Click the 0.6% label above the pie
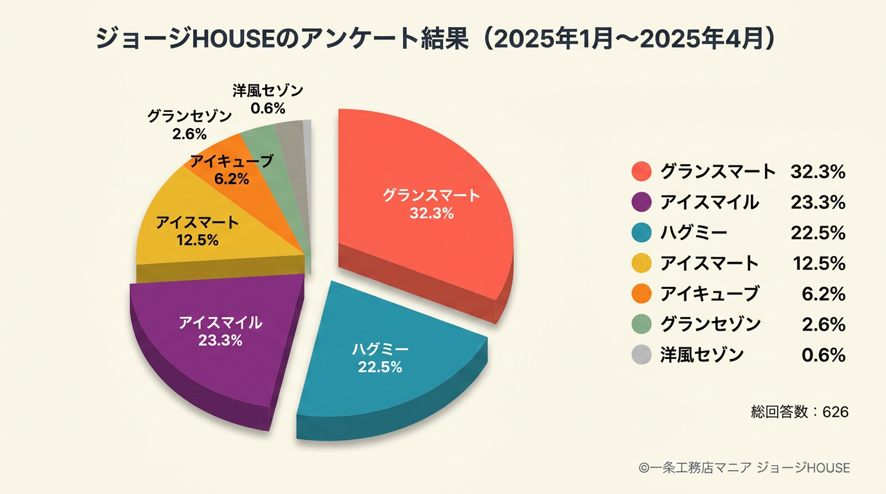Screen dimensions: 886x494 click(268, 108)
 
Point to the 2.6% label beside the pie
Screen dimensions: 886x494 click(189, 134)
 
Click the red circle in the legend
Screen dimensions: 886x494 click(641, 172)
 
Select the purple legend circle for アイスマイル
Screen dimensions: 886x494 click(641, 202)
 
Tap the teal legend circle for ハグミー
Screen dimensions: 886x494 click(641, 232)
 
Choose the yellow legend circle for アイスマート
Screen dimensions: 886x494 click(641, 263)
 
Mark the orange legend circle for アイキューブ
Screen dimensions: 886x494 click(641, 293)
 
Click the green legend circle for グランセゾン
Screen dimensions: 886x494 click(641, 324)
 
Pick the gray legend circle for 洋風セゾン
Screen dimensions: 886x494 click(641, 354)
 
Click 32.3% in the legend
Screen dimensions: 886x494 click(818, 172)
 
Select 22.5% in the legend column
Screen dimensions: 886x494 click(818, 233)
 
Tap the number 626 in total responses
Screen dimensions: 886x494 click(835, 412)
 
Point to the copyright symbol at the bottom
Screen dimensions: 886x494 click(644, 468)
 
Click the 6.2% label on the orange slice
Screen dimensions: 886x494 click(231, 179)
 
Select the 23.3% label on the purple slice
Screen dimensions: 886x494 click(220, 340)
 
